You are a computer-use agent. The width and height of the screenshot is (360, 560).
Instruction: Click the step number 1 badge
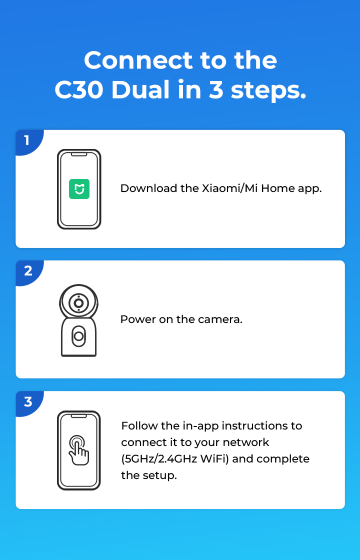click(x=28, y=141)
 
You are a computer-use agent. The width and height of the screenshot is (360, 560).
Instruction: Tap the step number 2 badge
click(x=28, y=272)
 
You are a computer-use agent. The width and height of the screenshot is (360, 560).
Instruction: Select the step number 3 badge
click(x=28, y=402)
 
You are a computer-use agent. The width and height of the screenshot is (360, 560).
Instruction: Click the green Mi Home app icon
click(x=79, y=189)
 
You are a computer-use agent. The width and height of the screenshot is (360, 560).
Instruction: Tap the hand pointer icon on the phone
click(x=79, y=450)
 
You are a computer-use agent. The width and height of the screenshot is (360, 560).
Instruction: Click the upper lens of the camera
click(x=78, y=303)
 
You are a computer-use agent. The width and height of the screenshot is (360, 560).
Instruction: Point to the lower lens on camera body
click(x=78, y=336)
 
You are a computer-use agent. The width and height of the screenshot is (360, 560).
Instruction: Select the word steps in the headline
click(x=268, y=91)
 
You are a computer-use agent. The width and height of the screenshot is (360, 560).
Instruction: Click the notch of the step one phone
click(x=79, y=154)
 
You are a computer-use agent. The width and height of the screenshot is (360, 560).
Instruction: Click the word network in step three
click(x=245, y=442)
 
